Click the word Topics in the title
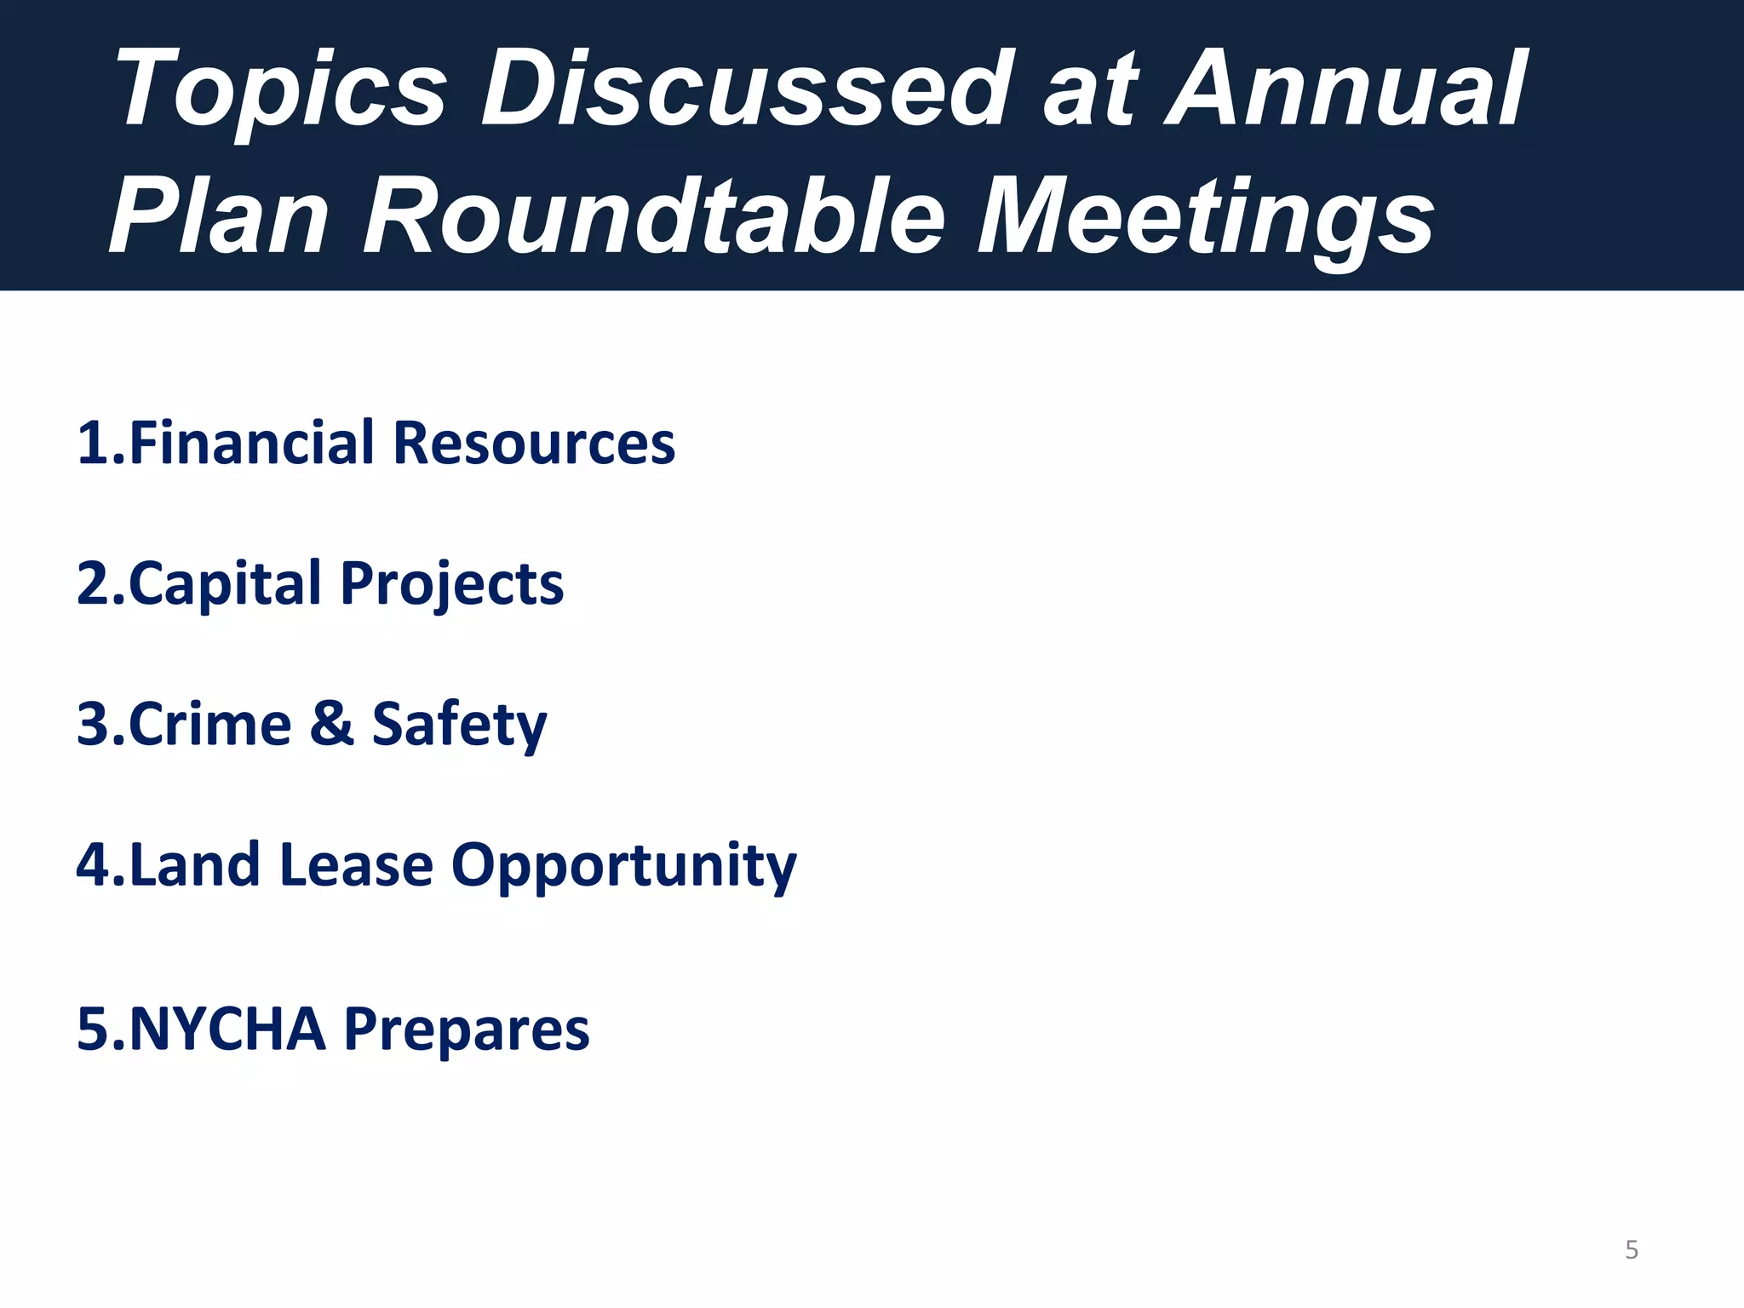281,89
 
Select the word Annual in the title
1345,89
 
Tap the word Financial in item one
251,443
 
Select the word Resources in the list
534,443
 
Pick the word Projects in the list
451,584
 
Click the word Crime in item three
209,724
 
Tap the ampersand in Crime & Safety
331,724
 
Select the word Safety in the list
459,724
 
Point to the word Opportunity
623,865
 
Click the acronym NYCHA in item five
227,1029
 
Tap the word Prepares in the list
466,1029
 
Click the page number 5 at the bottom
1632,1250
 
